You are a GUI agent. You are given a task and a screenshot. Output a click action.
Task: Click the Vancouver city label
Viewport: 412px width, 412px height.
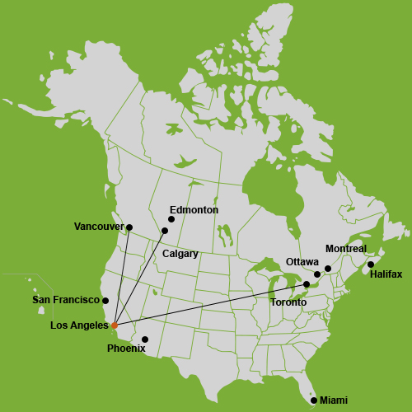coord(98,227)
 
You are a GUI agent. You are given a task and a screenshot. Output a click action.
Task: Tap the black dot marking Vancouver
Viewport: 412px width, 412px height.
coord(129,227)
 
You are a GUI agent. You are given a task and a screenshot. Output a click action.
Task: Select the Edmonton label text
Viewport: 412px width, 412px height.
coord(194,210)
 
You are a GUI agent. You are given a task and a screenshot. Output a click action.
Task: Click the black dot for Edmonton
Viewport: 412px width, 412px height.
coord(171,219)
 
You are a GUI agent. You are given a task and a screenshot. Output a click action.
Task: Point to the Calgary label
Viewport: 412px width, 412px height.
coord(180,254)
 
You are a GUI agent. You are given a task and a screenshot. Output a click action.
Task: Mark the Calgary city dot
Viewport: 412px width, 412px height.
coord(165,231)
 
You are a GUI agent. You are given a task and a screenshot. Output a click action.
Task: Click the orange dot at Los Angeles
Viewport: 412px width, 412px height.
coord(115,325)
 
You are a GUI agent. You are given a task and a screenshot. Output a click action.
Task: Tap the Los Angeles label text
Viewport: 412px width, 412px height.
coord(79,325)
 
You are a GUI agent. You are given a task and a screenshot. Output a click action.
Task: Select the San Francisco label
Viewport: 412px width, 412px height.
coord(65,301)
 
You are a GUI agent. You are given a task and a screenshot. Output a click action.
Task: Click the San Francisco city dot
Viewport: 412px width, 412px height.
coord(105,301)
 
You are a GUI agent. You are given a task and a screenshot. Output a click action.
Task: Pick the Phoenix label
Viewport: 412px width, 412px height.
coord(126,349)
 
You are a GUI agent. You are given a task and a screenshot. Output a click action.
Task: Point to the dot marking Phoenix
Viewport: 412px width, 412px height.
coord(145,339)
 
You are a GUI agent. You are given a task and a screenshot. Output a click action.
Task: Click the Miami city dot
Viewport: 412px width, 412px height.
coord(314,400)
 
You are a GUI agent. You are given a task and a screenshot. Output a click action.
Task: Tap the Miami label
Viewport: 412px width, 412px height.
coord(334,400)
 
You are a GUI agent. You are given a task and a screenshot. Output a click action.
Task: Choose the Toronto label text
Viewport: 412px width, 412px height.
coord(288,302)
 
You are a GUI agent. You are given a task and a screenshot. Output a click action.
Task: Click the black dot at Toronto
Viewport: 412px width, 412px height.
coord(307,284)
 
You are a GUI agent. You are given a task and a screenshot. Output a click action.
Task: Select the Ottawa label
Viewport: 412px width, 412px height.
coord(302,262)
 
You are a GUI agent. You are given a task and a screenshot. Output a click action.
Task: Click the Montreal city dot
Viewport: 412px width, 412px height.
coord(328,269)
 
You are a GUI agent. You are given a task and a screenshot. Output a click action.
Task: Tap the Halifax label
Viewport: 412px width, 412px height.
coord(386,274)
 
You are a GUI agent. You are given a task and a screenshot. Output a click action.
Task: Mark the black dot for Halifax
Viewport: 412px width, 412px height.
coord(371,265)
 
